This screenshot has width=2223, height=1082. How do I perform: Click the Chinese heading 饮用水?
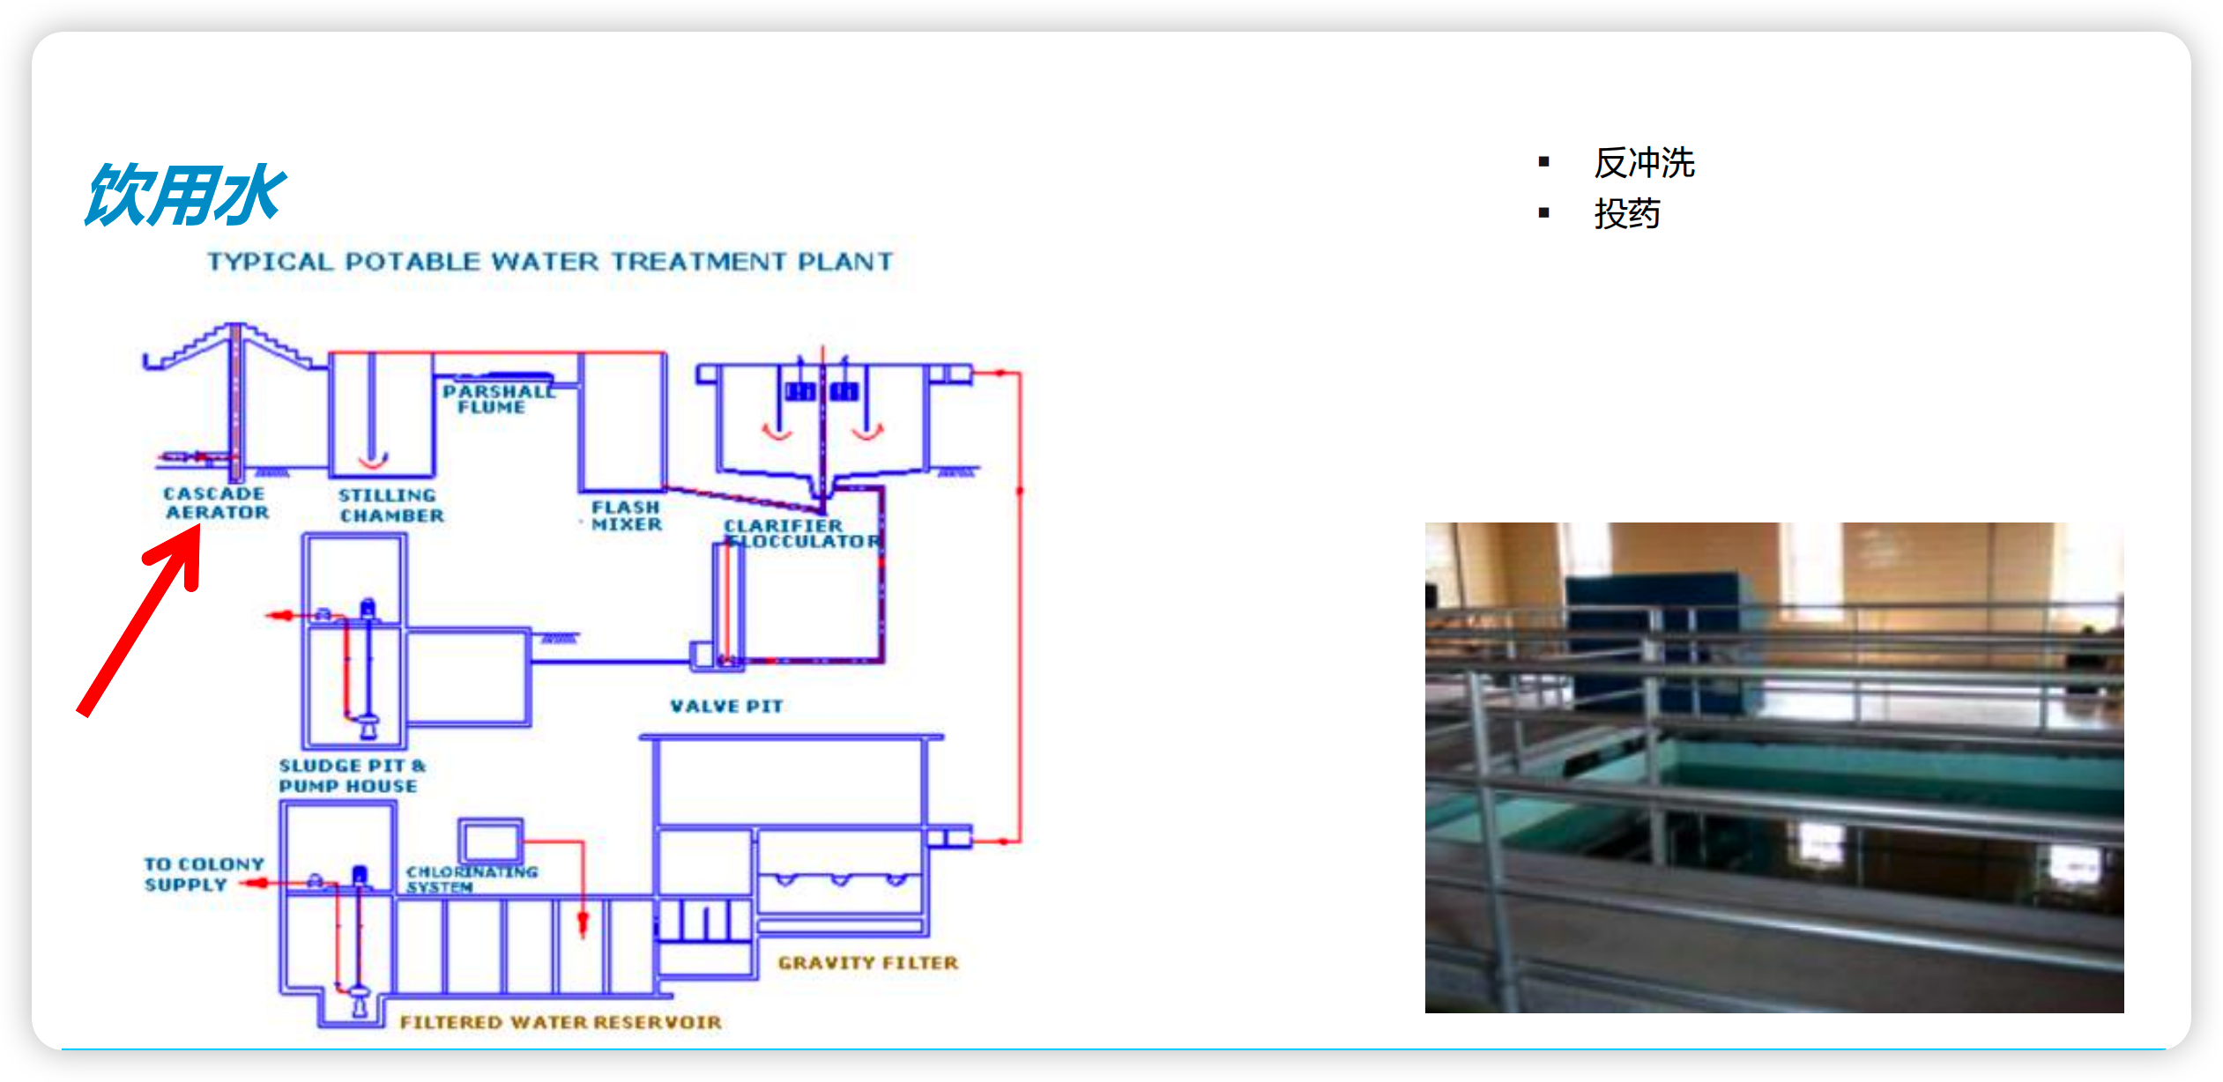tap(185, 195)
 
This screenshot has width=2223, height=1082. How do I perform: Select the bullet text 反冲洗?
tap(1644, 163)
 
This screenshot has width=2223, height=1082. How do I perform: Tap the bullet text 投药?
tap(1627, 214)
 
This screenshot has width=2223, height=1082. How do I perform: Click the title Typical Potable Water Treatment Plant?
tap(550, 262)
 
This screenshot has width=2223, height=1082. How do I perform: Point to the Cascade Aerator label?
tap(216, 503)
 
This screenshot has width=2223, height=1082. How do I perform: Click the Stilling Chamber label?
tap(390, 506)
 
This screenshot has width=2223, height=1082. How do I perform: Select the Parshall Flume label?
tap(499, 399)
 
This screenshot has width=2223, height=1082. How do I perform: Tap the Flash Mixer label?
tap(627, 516)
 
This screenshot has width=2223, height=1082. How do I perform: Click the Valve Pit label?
tap(726, 706)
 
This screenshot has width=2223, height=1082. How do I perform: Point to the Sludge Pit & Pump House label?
tap(352, 775)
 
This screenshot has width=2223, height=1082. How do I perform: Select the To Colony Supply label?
tap(204, 874)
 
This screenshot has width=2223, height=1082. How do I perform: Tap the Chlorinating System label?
tap(472, 879)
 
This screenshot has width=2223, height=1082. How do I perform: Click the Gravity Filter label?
tap(867, 963)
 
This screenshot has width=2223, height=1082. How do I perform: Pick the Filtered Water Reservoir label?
tap(561, 1022)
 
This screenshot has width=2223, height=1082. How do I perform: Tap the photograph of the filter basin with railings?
tap(1773, 767)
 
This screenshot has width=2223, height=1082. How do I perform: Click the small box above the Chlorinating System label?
tap(491, 840)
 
